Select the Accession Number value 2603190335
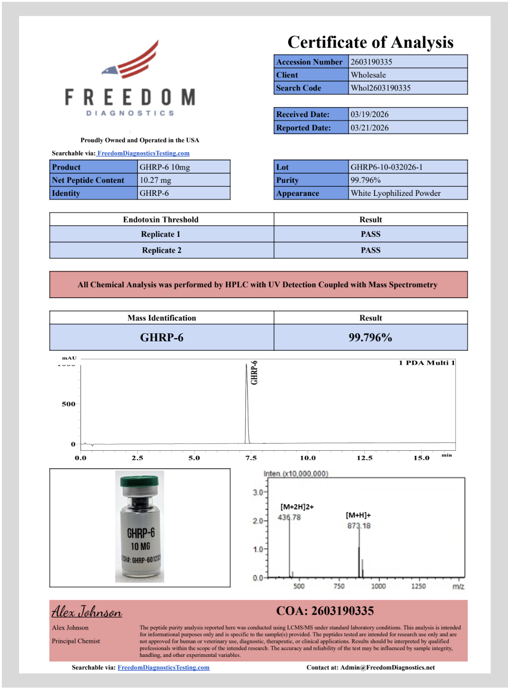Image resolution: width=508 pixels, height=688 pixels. [371, 62]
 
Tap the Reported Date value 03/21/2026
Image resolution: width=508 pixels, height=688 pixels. [369, 128]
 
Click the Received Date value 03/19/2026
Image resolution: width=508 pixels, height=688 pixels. [369, 114]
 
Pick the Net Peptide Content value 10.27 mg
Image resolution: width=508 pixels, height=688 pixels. [155, 180]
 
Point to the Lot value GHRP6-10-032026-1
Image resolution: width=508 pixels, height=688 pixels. [386, 167]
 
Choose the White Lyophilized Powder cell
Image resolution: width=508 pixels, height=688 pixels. [395, 193]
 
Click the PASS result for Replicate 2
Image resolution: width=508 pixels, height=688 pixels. [370, 250]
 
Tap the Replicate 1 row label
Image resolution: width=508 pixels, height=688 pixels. [161, 234]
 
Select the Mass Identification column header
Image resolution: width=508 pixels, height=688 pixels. [162, 318]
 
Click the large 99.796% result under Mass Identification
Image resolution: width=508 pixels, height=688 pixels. [370, 337]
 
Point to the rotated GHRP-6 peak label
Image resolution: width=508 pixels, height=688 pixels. [254, 372]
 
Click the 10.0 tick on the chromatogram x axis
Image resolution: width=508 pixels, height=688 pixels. [308, 458]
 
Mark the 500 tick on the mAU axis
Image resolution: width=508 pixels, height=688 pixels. [68, 404]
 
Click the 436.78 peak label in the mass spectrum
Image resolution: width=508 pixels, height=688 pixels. [289, 517]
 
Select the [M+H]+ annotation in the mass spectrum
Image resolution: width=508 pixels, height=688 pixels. [358, 515]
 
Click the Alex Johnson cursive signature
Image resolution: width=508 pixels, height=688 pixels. [86, 612]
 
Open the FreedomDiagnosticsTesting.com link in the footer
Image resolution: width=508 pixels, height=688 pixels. [163, 667]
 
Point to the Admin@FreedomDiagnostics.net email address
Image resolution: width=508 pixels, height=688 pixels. [387, 667]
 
